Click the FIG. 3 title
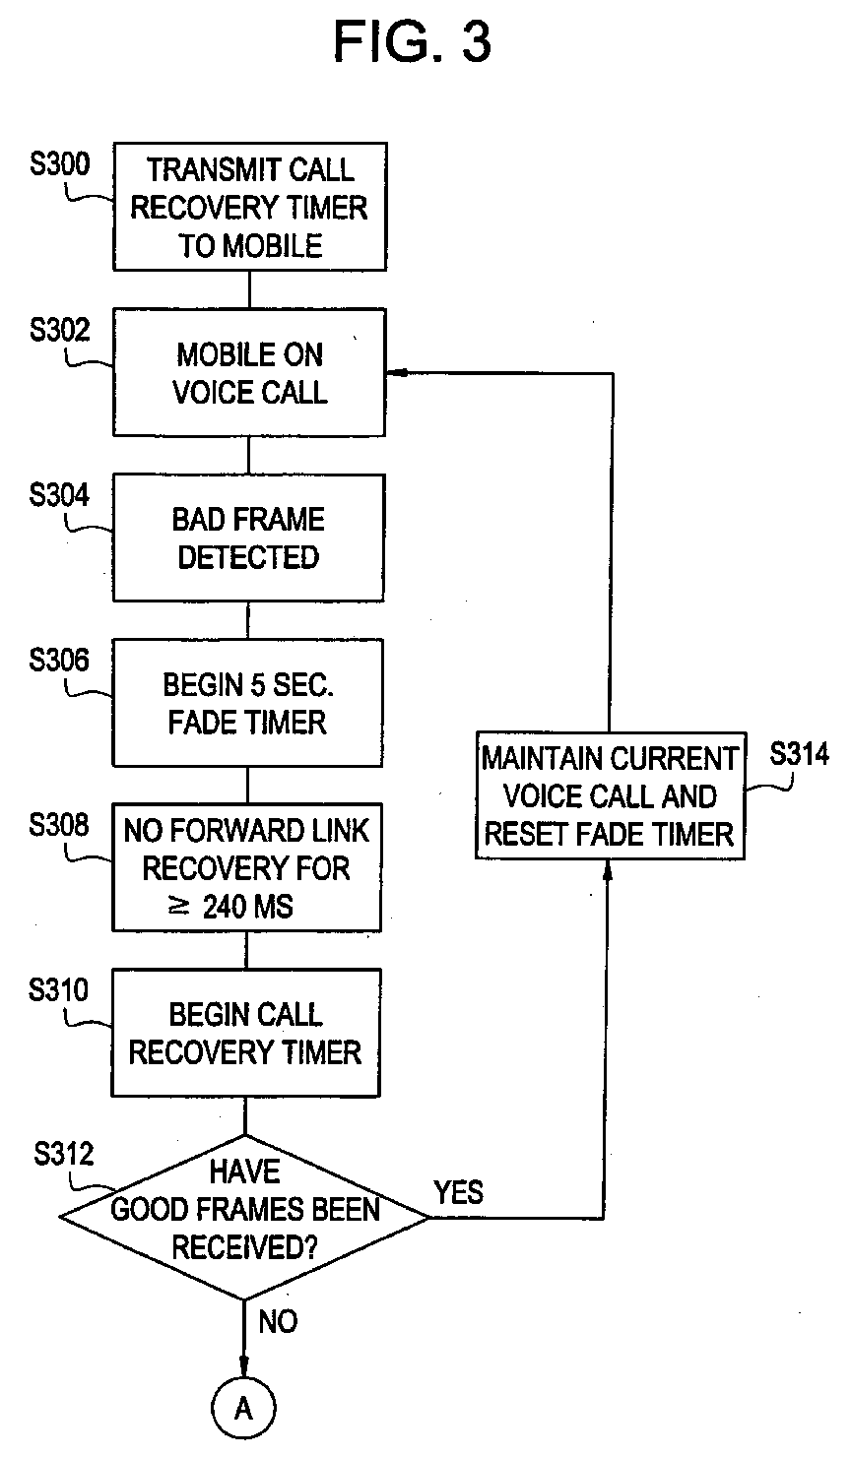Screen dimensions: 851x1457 point(413,41)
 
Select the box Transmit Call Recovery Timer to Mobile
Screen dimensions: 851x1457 point(250,206)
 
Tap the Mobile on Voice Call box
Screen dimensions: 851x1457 point(249,372)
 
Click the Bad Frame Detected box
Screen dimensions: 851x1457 point(248,538)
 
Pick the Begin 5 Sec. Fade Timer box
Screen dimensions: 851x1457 point(247,703)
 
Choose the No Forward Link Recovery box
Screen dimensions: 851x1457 point(246,867)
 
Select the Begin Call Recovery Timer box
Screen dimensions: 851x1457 point(245,1033)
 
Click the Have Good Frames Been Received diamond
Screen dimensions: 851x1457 point(244,1217)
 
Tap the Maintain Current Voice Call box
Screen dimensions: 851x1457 point(610,795)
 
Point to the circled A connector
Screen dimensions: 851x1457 point(243,1408)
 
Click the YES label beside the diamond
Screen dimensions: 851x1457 point(459,1192)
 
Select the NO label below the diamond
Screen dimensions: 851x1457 point(278,1321)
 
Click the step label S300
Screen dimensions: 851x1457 point(60,163)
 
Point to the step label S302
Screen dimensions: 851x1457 point(60,330)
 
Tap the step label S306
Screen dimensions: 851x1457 point(58,660)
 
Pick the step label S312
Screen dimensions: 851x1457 point(64,1153)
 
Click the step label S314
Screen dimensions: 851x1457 point(799,753)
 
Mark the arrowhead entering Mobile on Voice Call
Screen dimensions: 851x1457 point(396,373)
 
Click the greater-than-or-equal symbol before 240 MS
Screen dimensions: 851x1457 point(179,906)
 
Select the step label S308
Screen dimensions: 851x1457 point(58,825)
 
